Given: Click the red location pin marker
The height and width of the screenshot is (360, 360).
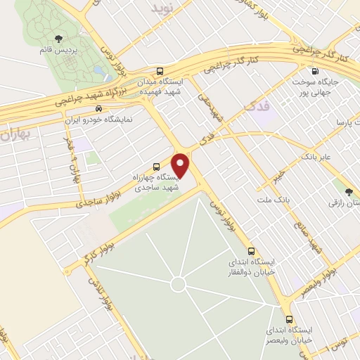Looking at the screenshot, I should coord(181,165).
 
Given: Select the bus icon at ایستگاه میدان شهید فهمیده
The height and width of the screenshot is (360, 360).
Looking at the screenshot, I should coord(160,71).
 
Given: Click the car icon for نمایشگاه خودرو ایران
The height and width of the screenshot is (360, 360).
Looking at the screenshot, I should coord(99,109).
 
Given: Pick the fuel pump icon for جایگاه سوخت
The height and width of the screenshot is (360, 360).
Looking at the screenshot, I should coord(314,70).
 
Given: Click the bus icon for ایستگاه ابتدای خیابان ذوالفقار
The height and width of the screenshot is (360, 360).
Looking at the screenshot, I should coord(251,251).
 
